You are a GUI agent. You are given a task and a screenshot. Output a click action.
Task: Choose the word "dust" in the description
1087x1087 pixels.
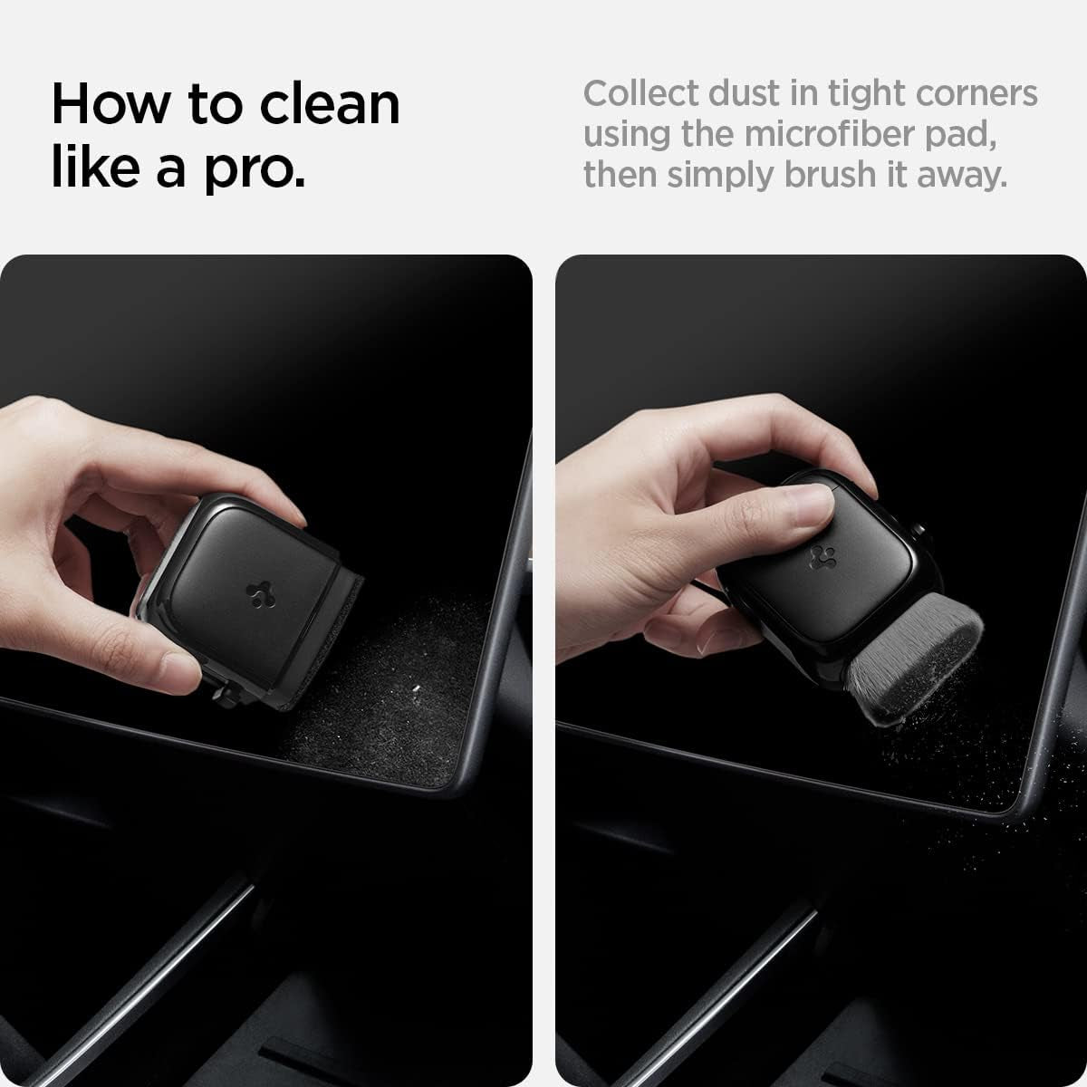point(755,93)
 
